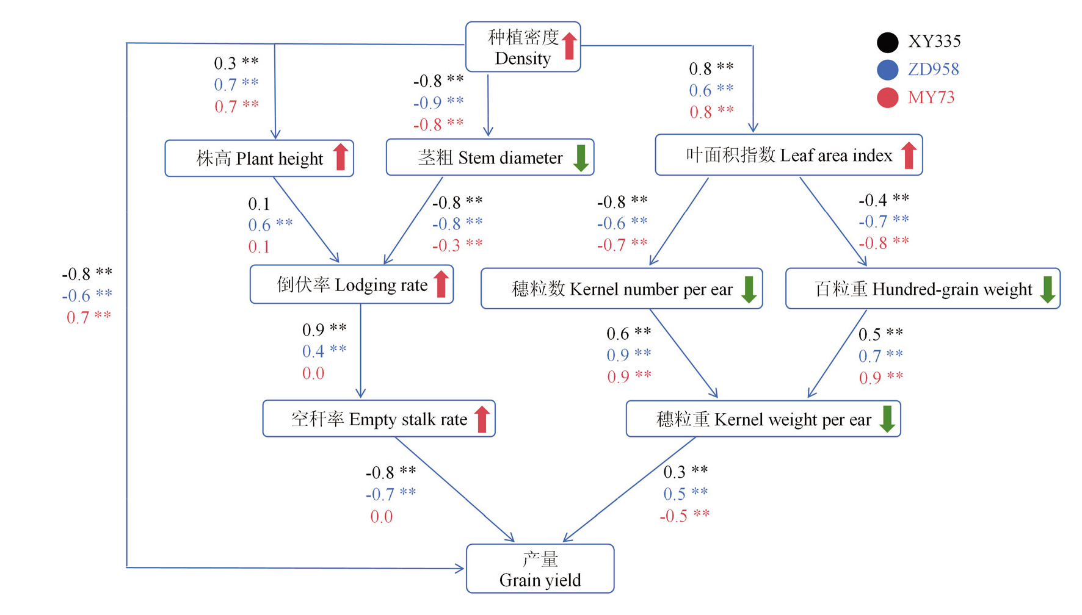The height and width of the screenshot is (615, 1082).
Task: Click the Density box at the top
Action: click(522, 48)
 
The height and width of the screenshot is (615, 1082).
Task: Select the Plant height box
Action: click(259, 159)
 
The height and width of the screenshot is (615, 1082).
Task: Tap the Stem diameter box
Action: click(490, 157)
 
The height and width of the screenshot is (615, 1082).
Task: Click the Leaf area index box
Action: click(788, 155)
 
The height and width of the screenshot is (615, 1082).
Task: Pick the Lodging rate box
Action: click(351, 284)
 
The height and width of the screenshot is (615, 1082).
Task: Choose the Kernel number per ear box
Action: click(621, 289)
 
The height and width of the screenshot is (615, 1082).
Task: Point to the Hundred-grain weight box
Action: click(922, 289)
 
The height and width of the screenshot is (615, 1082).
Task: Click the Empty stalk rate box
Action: click(379, 419)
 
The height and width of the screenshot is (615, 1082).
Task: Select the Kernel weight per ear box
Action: click(763, 419)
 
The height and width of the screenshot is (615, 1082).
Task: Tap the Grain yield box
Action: click(540, 569)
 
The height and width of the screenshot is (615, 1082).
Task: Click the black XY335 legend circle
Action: click(887, 42)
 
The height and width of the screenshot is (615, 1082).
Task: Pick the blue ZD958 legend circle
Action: click(887, 70)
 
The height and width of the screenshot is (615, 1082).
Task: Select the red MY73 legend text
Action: click(931, 98)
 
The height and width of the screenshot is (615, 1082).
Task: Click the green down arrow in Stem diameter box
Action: click(581, 157)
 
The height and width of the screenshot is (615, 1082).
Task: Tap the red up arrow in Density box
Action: click(569, 46)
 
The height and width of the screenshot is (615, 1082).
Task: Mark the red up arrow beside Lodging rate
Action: click(441, 284)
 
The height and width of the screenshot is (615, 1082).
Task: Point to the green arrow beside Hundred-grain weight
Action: click(1047, 289)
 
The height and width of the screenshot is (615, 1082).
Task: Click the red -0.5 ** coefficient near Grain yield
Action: click(684, 516)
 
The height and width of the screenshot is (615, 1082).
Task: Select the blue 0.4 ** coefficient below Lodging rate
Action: click(324, 351)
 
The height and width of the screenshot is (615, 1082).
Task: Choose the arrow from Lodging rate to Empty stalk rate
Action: click(360, 351)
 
